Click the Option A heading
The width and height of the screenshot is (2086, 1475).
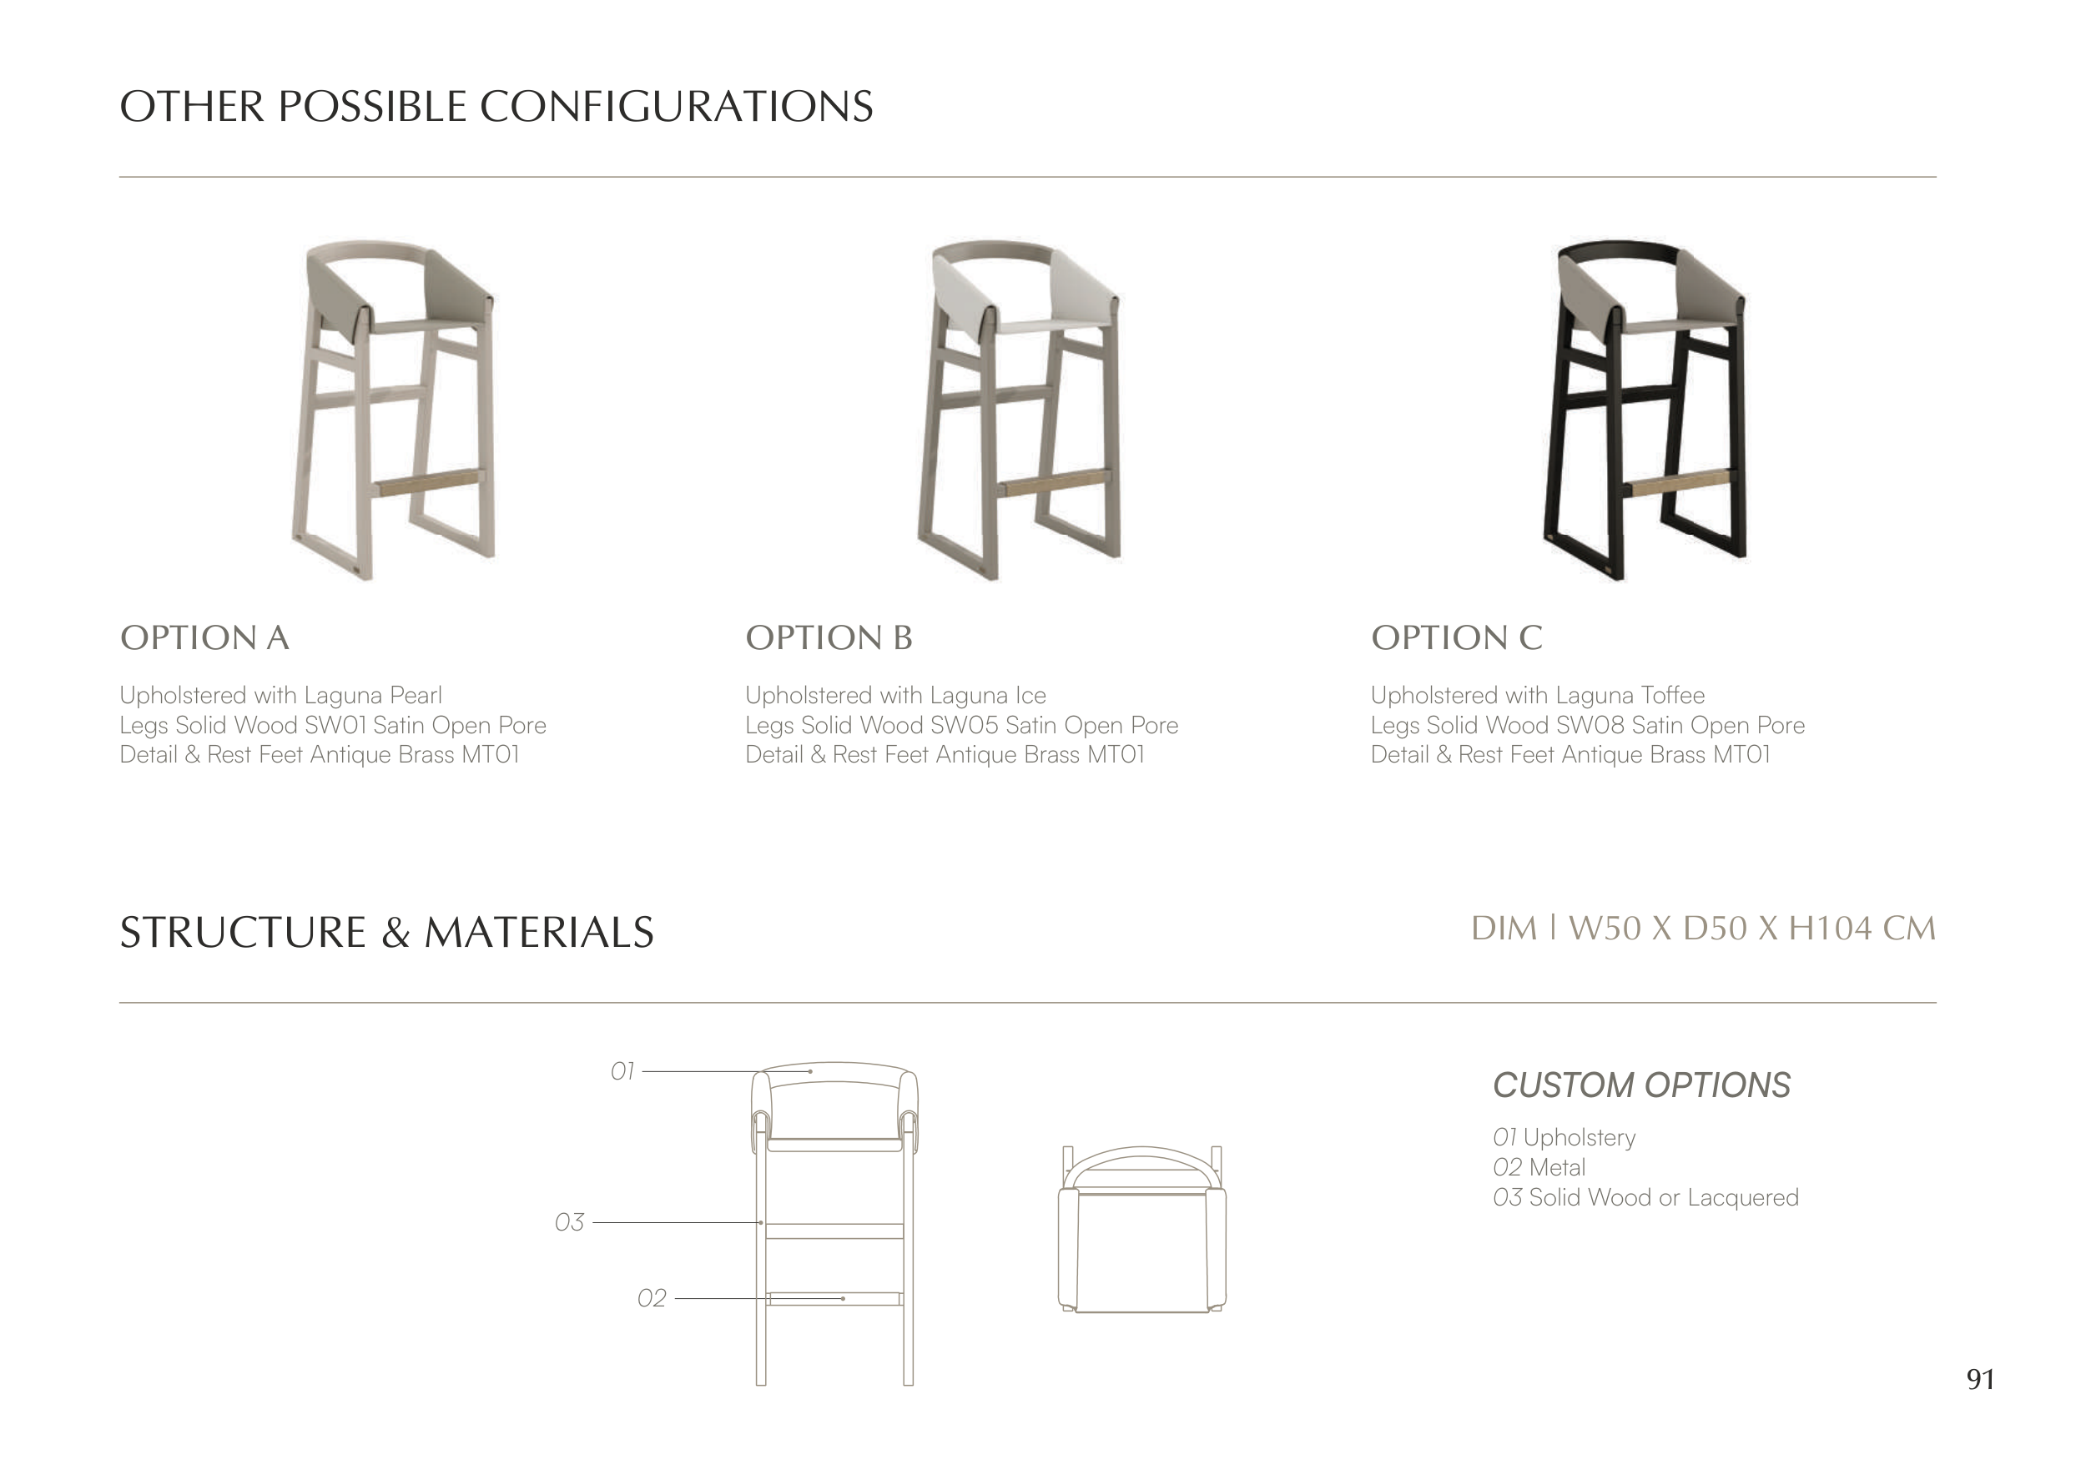pos(204,637)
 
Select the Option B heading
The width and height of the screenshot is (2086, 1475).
pos(829,637)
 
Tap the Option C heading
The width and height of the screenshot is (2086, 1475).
pos(1456,637)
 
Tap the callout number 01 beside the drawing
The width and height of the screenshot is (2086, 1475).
pos(622,1072)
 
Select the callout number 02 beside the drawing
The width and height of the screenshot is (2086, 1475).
pos(652,1299)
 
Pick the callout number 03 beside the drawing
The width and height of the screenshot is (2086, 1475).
pos(570,1222)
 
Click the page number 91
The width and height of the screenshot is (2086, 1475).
pos(1981,1380)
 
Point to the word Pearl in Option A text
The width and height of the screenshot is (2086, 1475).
pos(416,696)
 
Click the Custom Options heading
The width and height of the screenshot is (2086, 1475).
pos(1642,1085)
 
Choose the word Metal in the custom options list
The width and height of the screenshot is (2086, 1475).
pos(1557,1168)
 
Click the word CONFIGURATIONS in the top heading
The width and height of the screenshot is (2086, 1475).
pos(676,106)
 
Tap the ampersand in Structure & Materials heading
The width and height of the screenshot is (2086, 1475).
pos(396,933)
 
